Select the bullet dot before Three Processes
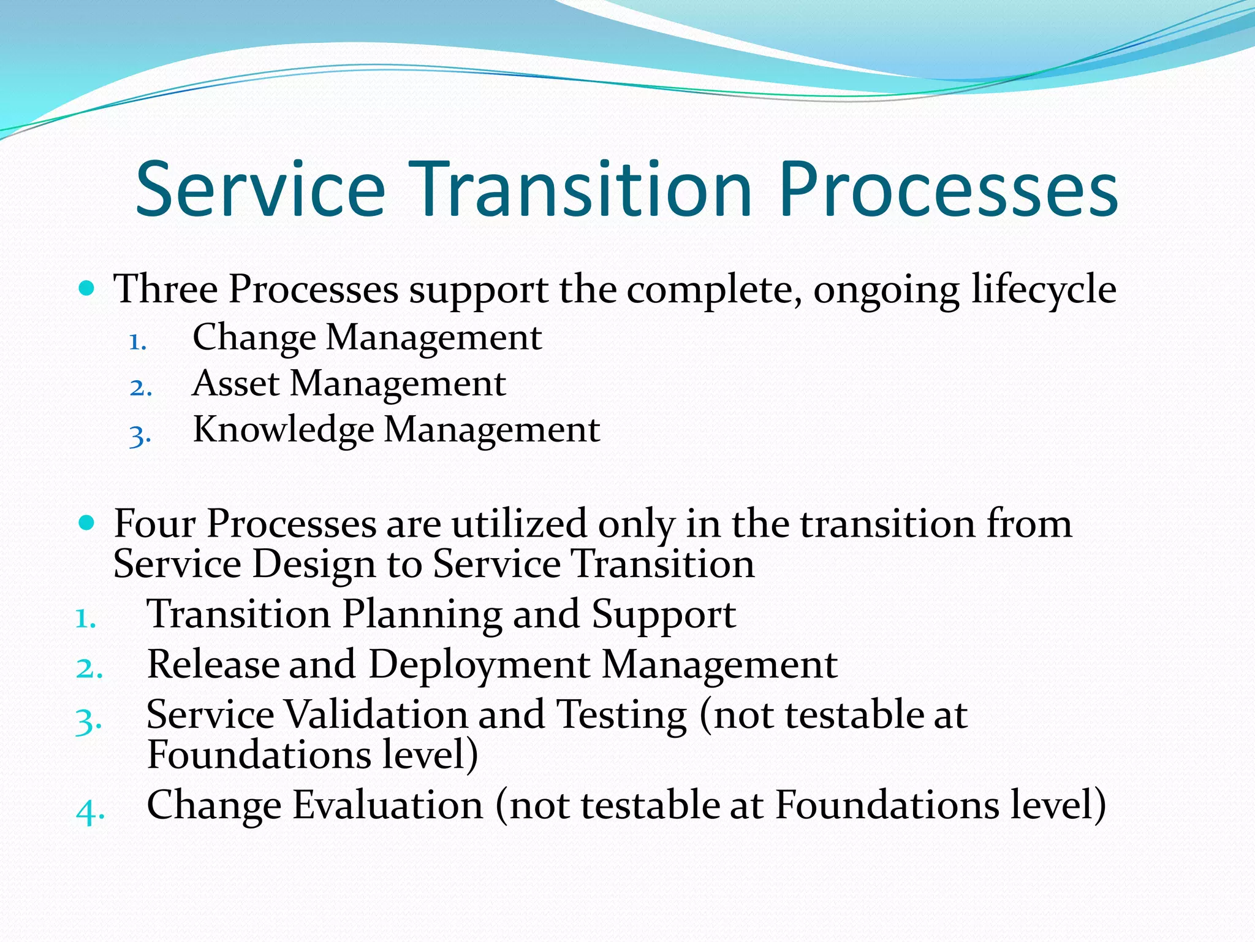point(87,288)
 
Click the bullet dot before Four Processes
point(87,523)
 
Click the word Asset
point(236,383)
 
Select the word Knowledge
point(283,430)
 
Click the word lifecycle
point(1044,289)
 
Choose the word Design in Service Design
point(313,564)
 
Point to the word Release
point(213,664)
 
